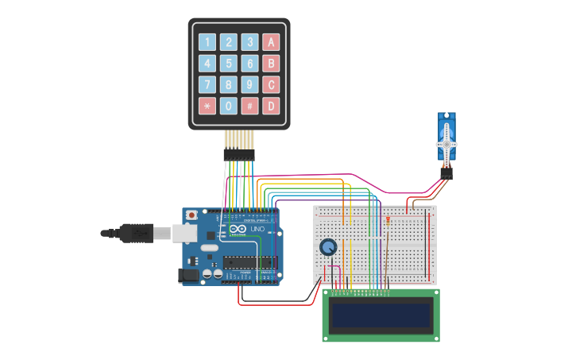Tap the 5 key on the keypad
coord(228,64)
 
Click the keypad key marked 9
coord(249,85)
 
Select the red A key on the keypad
coord(271,42)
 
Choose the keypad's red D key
coord(271,106)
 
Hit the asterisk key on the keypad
coord(207,106)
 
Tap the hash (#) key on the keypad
coord(249,106)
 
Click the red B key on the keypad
coord(271,64)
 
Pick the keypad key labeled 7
coord(207,85)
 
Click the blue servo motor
coord(446,139)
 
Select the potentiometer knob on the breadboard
coord(328,247)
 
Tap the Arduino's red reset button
coord(191,215)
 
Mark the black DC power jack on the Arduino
coord(189,275)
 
